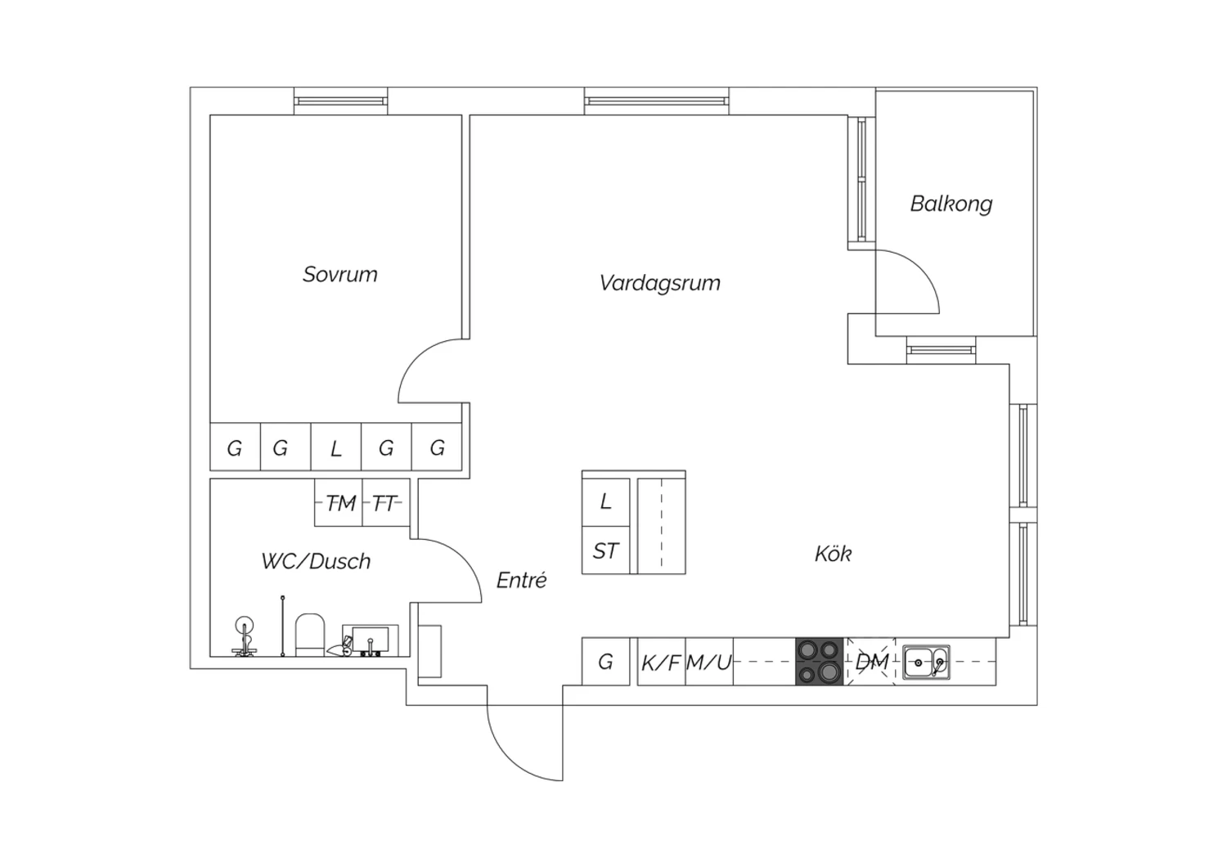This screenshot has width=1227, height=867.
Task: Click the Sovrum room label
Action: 340,274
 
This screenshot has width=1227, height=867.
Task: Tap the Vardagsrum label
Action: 659,283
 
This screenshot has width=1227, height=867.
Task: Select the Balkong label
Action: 951,204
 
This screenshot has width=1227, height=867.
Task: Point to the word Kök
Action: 833,554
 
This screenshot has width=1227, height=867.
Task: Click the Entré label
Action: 521,580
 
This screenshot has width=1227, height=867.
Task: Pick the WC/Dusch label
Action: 316,561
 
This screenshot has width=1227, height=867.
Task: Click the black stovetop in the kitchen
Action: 820,661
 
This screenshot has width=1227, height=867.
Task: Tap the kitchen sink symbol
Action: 927,661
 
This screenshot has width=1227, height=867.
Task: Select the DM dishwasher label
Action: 872,661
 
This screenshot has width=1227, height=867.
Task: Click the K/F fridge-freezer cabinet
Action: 661,662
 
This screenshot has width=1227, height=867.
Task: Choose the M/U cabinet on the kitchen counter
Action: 708,662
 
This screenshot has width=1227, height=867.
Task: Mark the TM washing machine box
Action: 339,503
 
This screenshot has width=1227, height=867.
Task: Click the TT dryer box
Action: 384,503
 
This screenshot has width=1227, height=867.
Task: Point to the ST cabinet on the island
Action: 605,550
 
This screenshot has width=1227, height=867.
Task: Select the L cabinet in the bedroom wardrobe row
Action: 335,447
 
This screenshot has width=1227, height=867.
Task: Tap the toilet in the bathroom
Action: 311,636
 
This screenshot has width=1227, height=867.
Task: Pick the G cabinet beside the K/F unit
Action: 605,662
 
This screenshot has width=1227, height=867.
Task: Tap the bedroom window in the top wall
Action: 340,101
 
